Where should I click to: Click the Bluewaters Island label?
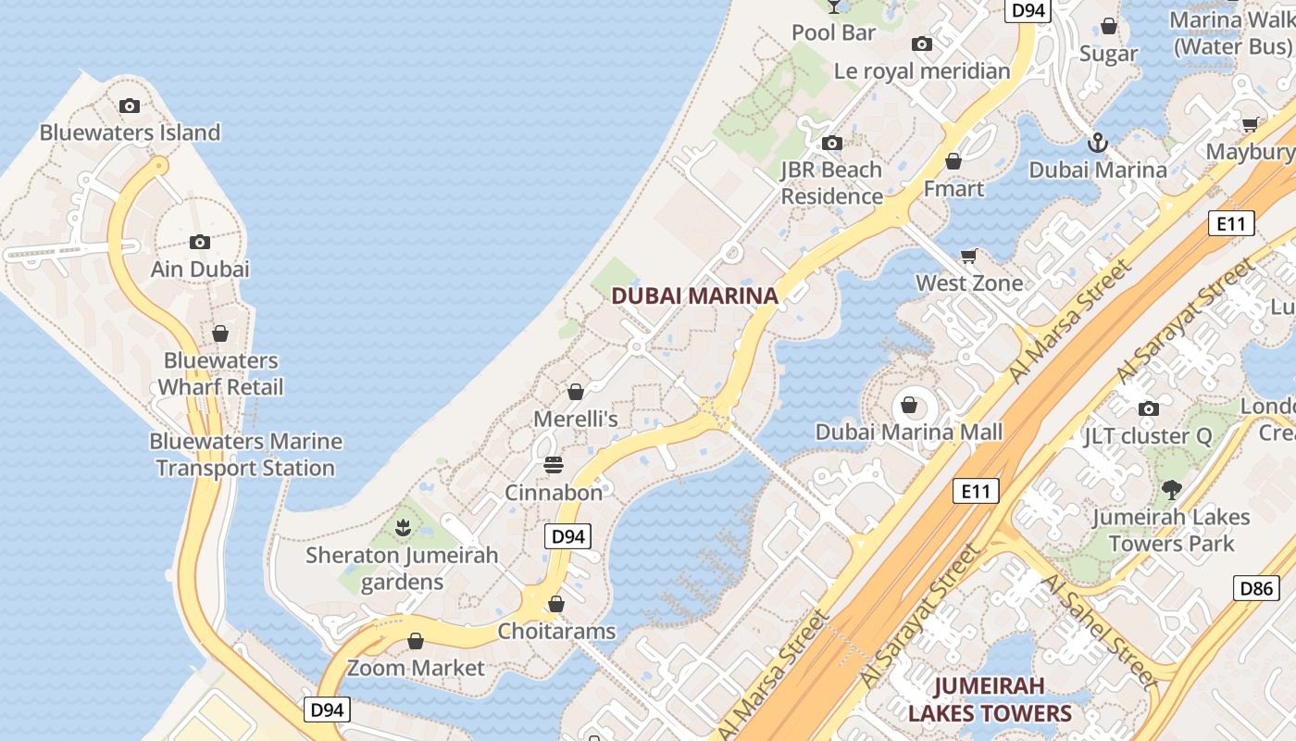130,132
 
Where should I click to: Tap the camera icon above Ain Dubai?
200,243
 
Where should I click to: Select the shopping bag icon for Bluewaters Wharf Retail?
220,333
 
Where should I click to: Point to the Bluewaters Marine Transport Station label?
245,455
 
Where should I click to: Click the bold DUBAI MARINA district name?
694,296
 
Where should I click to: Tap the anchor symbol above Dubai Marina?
1097,143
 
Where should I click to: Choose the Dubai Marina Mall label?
908,432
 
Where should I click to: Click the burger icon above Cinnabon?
554,464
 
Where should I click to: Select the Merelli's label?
575,419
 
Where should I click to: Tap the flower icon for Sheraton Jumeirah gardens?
403,529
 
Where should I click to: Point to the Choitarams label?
556,632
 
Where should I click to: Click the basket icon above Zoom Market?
416,641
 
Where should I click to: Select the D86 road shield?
1256,587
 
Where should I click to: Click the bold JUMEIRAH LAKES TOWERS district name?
990,699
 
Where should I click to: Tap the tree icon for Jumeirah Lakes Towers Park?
1171,489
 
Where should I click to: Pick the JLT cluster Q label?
1147,435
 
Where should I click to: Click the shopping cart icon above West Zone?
969,256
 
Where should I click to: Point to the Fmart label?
953,189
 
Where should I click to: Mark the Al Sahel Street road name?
1100,630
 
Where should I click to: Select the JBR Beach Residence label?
831,182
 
